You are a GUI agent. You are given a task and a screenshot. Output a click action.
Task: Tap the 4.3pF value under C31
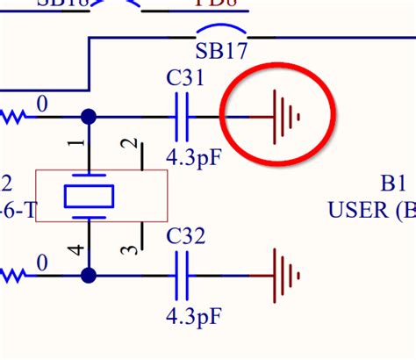coord(192,156)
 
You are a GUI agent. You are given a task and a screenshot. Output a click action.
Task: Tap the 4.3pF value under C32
coord(192,313)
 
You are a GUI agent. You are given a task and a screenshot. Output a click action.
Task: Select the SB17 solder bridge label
coord(219,50)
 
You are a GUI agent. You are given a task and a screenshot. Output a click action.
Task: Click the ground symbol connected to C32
coord(286,276)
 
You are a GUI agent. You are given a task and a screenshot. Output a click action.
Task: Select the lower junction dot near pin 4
coord(88,276)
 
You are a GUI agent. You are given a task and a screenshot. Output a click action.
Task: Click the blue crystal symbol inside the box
coord(88,196)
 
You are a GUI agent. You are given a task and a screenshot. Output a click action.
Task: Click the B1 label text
coord(392,185)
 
